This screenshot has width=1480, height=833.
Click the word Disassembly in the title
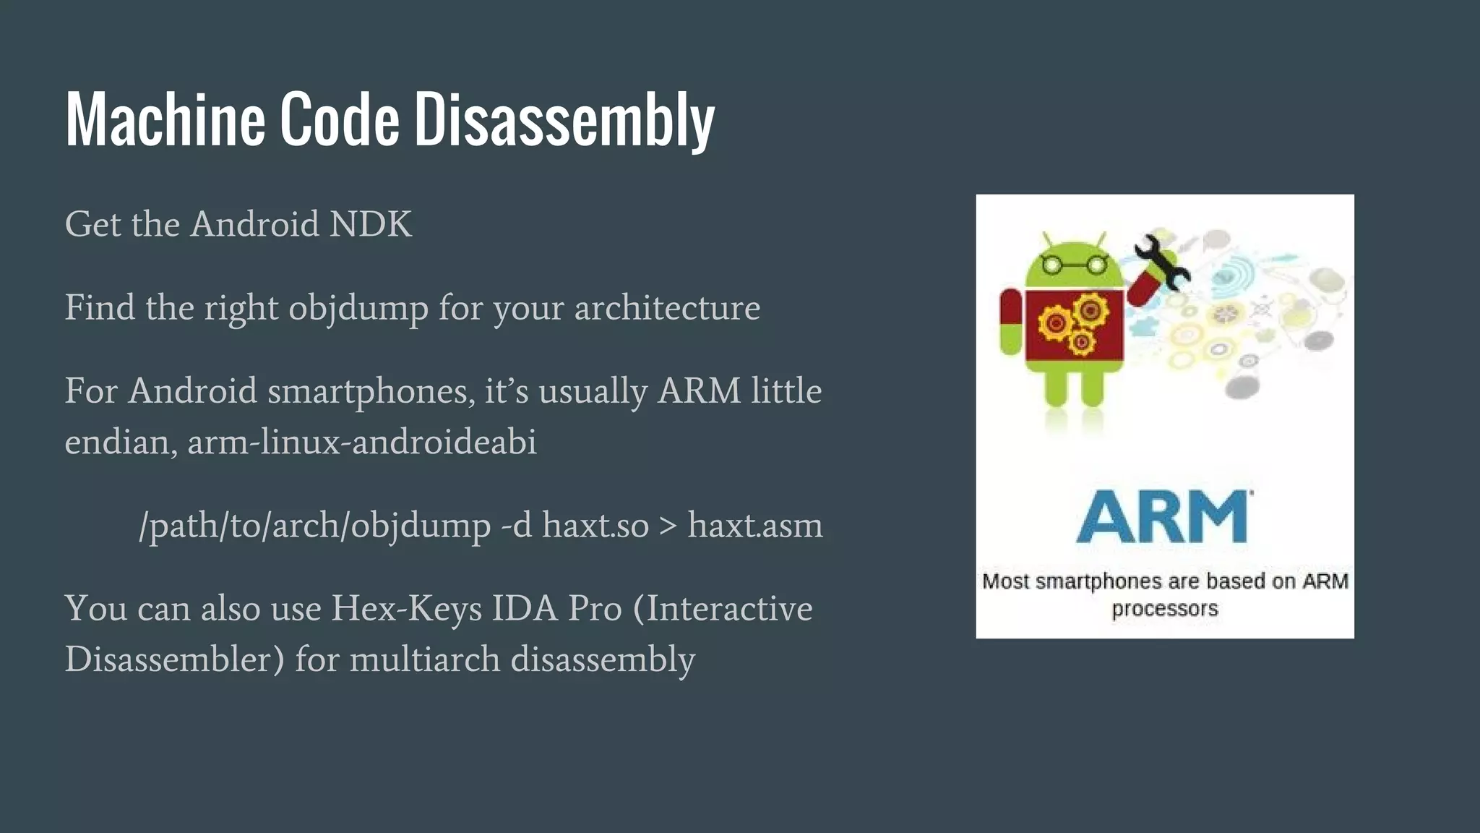(564, 119)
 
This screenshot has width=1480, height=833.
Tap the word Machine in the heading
(165, 119)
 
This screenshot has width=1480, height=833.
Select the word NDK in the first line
(371, 224)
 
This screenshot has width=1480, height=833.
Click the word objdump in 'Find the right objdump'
(358, 309)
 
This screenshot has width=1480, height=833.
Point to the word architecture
(667, 309)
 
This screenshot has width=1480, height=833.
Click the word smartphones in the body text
(371, 392)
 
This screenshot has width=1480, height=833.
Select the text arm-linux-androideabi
(362, 442)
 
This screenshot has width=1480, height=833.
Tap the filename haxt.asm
(754, 526)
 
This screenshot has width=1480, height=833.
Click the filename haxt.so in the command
(595, 526)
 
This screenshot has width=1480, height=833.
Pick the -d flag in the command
(517, 526)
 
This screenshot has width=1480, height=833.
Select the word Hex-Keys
(406, 609)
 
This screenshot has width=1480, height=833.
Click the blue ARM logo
(1164, 516)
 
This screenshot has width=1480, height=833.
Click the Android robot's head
(1074, 262)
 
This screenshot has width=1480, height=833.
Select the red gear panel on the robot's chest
(1075, 324)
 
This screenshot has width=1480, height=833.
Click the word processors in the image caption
(1164, 609)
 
